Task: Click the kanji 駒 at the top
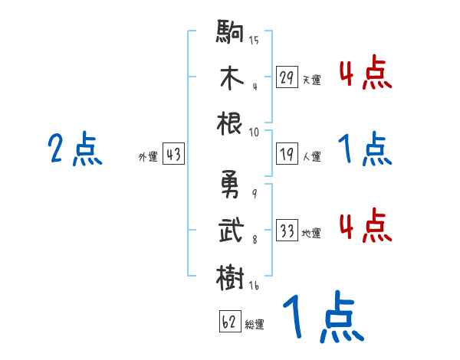[x=230, y=34]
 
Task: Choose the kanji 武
[x=230, y=231]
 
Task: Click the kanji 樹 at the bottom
[x=230, y=277]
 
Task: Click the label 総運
[x=255, y=324]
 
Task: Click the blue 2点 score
[x=74, y=149]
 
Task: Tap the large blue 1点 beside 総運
[x=321, y=319]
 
